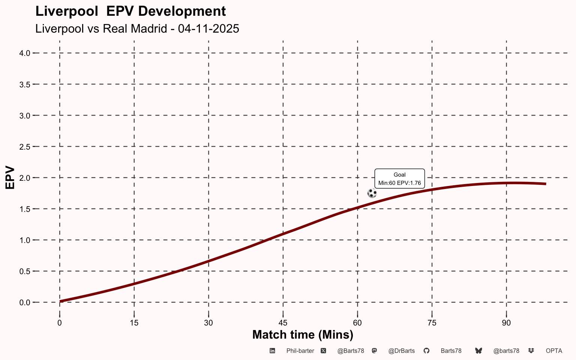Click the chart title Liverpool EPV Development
[130, 11]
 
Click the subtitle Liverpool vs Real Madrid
[137, 28]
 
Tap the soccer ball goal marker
[372, 193]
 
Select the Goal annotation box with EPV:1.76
[399, 179]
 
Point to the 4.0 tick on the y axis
[25, 53]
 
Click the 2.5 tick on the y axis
[25, 147]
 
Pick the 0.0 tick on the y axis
[25, 302]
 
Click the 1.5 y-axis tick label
[25, 209]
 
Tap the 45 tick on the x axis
[283, 323]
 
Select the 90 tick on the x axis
[507, 323]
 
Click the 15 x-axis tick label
[134, 323]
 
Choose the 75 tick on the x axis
[432, 323]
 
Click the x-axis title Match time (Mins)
[303, 334]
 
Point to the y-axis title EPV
[10, 178]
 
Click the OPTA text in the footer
[554, 351]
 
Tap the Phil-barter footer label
[300, 351]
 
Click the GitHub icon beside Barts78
[426, 351]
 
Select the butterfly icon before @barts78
[478, 351]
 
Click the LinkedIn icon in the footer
[273, 351]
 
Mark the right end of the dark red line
[546, 184]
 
